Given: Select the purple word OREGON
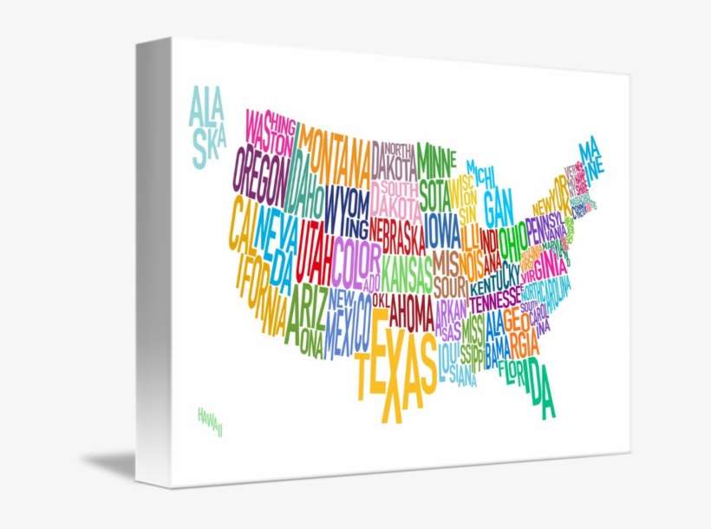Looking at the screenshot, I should coord(259,172).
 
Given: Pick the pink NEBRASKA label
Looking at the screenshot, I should coord(396,233).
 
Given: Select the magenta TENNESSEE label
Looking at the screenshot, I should coord(496,301).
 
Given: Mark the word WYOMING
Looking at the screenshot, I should coord(347,212).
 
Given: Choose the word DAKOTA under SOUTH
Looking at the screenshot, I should coord(395,207).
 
